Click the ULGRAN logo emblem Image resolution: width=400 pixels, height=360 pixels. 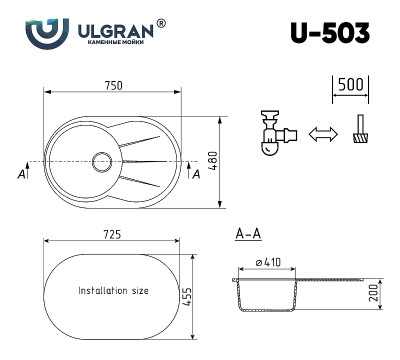tap(45, 32)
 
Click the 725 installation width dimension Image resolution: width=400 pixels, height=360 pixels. tap(113, 233)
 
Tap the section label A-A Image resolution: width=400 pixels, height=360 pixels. tap(248, 234)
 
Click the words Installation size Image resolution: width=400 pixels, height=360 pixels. tap(113, 291)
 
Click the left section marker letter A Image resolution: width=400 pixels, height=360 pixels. tap(22, 173)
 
